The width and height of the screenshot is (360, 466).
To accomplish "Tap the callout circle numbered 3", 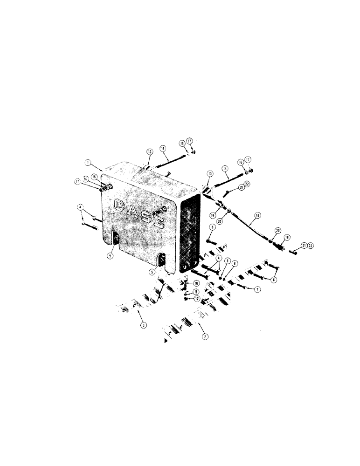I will tap(144, 325).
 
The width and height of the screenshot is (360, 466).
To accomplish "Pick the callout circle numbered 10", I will tap(196, 283).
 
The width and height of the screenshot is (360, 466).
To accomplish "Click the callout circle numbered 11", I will tap(196, 291).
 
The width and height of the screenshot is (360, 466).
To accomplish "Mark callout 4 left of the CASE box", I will tap(80, 207).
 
